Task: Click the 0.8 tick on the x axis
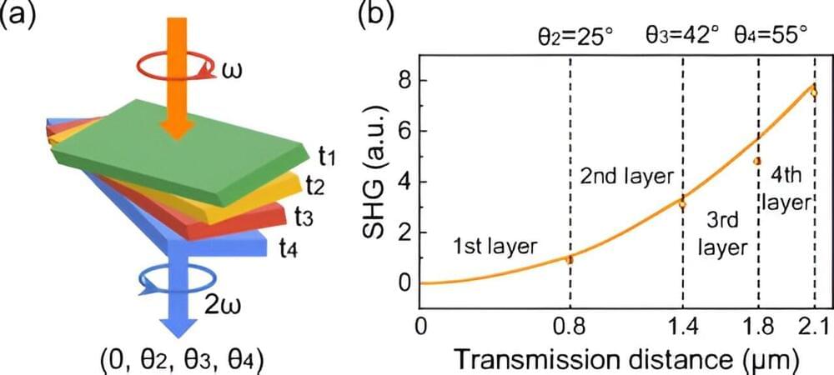[x=570, y=326]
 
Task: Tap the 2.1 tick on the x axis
[x=814, y=326]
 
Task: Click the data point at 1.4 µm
[x=682, y=202]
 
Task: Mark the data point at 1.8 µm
[x=757, y=161]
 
